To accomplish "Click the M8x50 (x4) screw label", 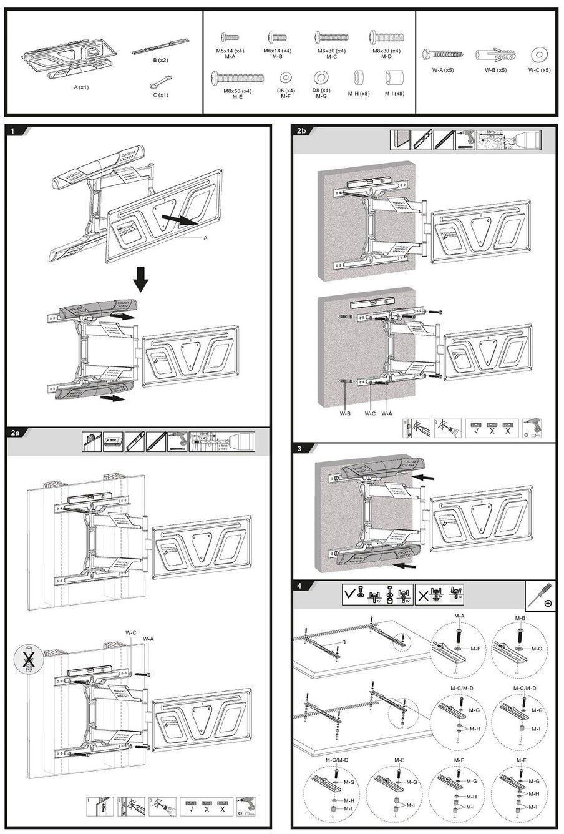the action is click(x=237, y=91).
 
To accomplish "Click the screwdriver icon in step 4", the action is click(x=540, y=596).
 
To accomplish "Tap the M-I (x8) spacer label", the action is click(x=394, y=94).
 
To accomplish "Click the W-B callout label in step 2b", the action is click(x=344, y=413).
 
